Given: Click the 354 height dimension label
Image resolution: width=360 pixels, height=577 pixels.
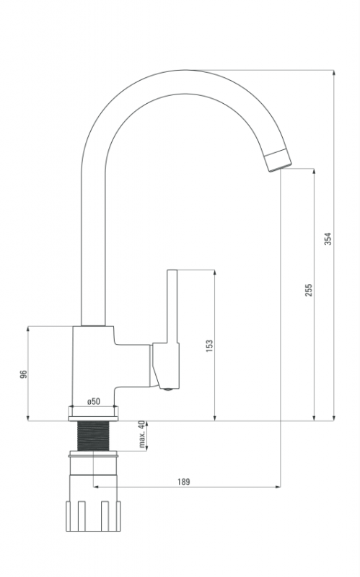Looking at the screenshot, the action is (x=328, y=239).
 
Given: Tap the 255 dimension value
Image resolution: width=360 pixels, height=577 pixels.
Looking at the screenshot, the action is (x=309, y=290).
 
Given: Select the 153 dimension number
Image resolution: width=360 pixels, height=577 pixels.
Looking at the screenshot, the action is (x=209, y=346).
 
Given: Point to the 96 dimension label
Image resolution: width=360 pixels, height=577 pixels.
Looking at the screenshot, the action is (x=23, y=374).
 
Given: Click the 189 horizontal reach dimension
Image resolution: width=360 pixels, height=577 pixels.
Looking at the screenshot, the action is (x=184, y=482).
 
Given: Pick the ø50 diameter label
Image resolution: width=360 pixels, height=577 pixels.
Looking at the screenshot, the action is (x=94, y=401).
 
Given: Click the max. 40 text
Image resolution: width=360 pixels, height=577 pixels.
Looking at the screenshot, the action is (x=142, y=434).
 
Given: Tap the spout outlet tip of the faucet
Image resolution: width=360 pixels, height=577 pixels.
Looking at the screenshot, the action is (x=278, y=160).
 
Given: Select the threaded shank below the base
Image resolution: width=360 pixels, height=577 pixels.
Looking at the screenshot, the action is (x=94, y=436).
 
